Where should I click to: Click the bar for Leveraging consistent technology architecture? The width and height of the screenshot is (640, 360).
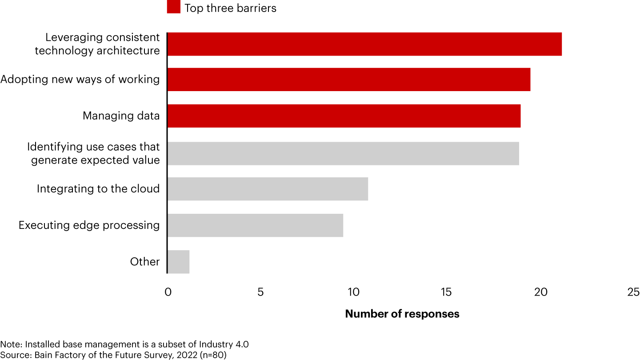364,44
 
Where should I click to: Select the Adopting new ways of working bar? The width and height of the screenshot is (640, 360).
349,80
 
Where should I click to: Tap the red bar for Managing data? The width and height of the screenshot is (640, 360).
344,116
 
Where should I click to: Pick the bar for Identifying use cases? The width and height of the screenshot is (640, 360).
343,153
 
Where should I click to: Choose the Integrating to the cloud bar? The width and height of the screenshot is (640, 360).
268,189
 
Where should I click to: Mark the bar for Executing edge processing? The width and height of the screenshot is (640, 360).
255,225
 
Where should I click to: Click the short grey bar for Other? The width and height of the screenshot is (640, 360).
179,262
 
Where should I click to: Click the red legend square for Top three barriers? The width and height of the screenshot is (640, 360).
173,8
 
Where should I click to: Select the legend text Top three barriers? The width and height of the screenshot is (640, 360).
230,8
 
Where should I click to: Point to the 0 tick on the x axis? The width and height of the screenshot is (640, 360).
168,292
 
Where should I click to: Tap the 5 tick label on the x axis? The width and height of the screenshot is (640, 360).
260,292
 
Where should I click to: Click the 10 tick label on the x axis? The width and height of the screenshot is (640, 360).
353,292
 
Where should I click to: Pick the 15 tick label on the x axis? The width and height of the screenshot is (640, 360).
446,292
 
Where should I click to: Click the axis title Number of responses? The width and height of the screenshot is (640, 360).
402,314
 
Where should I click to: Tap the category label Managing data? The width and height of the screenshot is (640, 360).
121,116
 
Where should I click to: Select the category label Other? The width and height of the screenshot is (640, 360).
145,262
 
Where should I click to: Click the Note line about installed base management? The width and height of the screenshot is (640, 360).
128,344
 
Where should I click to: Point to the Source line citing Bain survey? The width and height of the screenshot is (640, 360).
113,355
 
